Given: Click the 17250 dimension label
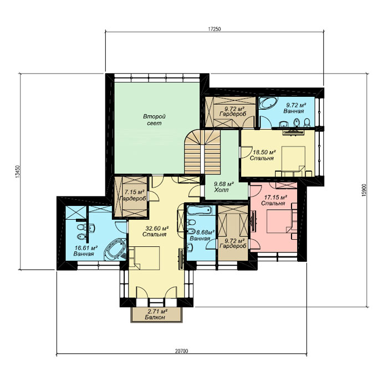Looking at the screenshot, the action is [x=214, y=29].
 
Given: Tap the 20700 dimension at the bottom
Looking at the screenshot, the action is [x=181, y=351].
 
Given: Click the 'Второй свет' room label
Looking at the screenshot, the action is [x=154, y=120].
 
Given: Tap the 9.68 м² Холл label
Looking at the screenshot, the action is [x=224, y=187].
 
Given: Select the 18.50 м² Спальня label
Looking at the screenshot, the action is [x=263, y=155].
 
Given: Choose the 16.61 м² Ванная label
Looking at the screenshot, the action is [x=85, y=251].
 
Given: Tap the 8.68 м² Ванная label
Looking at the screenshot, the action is [x=202, y=235].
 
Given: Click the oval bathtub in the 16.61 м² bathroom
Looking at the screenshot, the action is [x=115, y=249].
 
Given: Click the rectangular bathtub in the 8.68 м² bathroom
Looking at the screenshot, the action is [x=200, y=210].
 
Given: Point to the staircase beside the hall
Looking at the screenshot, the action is [x=202, y=152].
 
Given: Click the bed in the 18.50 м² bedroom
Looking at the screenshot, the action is [x=294, y=161].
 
